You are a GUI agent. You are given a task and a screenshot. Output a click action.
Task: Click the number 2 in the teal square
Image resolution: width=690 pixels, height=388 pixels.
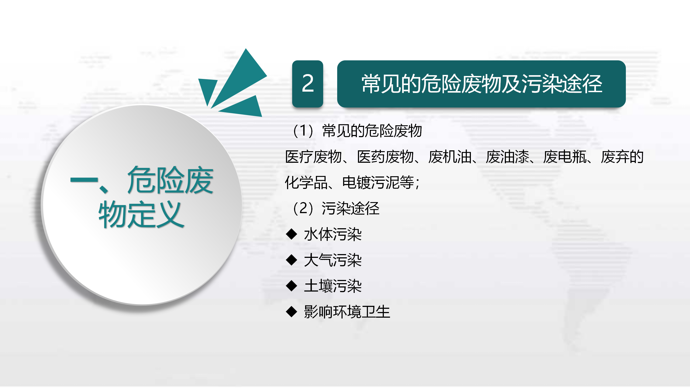(x=308, y=84)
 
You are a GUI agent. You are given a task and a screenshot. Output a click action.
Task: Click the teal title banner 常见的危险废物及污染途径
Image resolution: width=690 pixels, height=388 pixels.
(x=481, y=84)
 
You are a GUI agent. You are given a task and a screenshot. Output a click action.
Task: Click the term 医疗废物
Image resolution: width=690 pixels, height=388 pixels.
(x=313, y=157)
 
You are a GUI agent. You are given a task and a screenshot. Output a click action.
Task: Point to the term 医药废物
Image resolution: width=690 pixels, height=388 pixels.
(x=385, y=157)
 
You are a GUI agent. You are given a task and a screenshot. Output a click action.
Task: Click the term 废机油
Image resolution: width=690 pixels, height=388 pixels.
(x=450, y=157)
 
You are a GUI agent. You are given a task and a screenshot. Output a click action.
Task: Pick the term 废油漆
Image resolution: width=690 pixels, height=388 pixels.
(x=508, y=157)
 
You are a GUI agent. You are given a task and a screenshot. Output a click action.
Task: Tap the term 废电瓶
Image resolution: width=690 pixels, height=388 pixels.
(x=565, y=157)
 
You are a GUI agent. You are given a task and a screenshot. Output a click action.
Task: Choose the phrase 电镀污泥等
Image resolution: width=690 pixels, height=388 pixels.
(x=378, y=182)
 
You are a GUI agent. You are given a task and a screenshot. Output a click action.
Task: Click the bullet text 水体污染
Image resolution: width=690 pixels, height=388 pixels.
(x=333, y=234)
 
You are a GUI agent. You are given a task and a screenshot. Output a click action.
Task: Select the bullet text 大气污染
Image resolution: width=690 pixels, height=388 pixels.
(x=333, y=260)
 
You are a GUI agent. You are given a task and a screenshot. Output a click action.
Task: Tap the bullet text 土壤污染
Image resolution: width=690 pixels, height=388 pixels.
(x=333, y=286)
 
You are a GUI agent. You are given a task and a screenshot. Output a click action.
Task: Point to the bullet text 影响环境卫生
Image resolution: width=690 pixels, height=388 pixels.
(x=347, y=312)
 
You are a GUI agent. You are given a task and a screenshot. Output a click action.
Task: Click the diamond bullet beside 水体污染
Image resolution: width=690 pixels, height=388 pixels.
(x=291, y=234)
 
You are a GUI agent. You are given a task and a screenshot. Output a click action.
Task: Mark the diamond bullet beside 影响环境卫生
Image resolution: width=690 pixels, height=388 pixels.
(x=291, y=312)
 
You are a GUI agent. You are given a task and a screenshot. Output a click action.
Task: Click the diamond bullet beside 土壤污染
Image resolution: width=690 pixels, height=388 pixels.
(x=291, y=286)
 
